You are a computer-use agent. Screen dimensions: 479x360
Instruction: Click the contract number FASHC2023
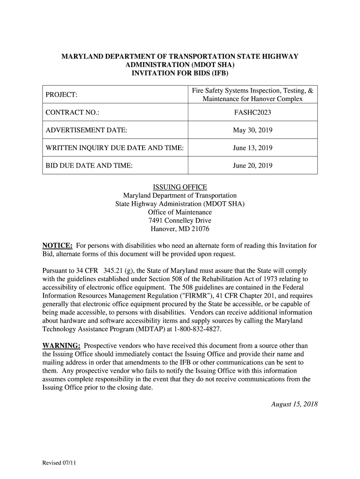click(x=252, y=113)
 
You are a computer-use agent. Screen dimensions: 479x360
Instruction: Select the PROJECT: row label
click(x=61, y=95)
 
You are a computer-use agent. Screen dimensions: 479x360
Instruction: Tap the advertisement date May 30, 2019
click(x=252, y=131)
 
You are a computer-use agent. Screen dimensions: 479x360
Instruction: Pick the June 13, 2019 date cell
click(x=252, y=148)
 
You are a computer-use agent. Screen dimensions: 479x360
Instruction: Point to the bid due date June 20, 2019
click(x=252, y=166)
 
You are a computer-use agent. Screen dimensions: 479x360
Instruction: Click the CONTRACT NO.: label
click(x=72, y=113)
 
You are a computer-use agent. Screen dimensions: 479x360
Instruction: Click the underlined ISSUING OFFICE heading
click(x=180, y=187)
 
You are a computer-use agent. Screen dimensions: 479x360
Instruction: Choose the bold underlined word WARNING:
click(x=61, y=346)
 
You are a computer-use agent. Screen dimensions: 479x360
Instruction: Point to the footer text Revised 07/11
click(x=59, y=463)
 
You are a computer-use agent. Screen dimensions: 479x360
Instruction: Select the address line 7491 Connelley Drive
click(x=180, y=221)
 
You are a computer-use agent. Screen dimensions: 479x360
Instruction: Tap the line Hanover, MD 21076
click(x=180, y=229)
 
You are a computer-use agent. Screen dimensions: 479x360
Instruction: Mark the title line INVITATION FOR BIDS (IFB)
click(x=180, y=73)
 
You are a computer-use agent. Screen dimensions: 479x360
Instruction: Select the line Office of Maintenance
click(x=180, y=212)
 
